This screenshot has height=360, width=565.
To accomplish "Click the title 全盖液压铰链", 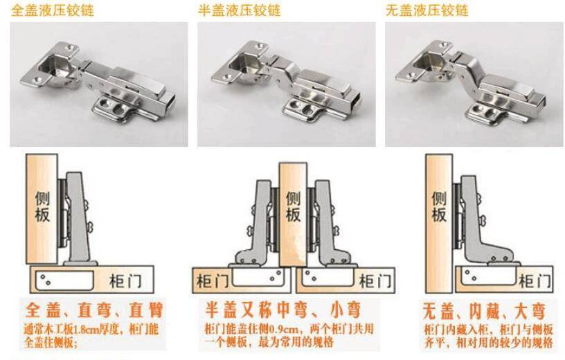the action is tap(52, 10).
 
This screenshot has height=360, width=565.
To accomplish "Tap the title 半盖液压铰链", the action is tap(240, 10).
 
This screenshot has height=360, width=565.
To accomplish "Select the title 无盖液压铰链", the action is tap(427, 10).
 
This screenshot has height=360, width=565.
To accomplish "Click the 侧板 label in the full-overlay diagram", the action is tap(42, 206).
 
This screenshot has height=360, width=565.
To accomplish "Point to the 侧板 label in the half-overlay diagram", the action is tap(294, 206).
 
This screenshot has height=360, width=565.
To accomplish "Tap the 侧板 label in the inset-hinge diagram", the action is tap(439, 206).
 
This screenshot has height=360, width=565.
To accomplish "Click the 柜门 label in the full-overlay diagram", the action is tap(126, 280).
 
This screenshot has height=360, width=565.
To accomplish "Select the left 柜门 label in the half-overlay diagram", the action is tap(213, 280).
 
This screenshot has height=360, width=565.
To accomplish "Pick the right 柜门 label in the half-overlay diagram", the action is tap(375, 280).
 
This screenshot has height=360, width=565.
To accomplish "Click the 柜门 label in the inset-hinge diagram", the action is tap(535, 280).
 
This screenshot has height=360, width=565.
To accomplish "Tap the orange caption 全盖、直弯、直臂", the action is tap(94, 310).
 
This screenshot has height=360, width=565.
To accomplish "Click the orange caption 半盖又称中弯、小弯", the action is tap(283, 310).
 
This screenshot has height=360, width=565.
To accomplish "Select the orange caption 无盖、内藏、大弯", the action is tap(484, 311).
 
